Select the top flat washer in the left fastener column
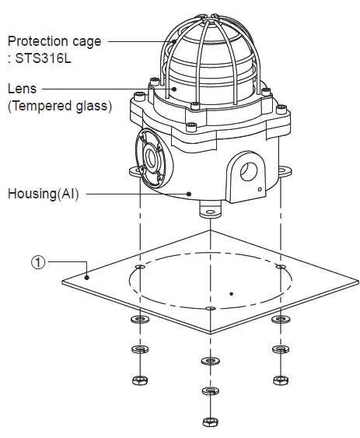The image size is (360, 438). point(138,320)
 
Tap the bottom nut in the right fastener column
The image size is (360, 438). point(278,380)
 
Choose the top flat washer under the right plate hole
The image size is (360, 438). point(278,320)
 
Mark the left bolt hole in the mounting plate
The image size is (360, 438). point(138,267)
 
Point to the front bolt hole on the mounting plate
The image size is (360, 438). point(208,309)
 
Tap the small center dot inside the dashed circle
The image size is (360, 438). point(232,294)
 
